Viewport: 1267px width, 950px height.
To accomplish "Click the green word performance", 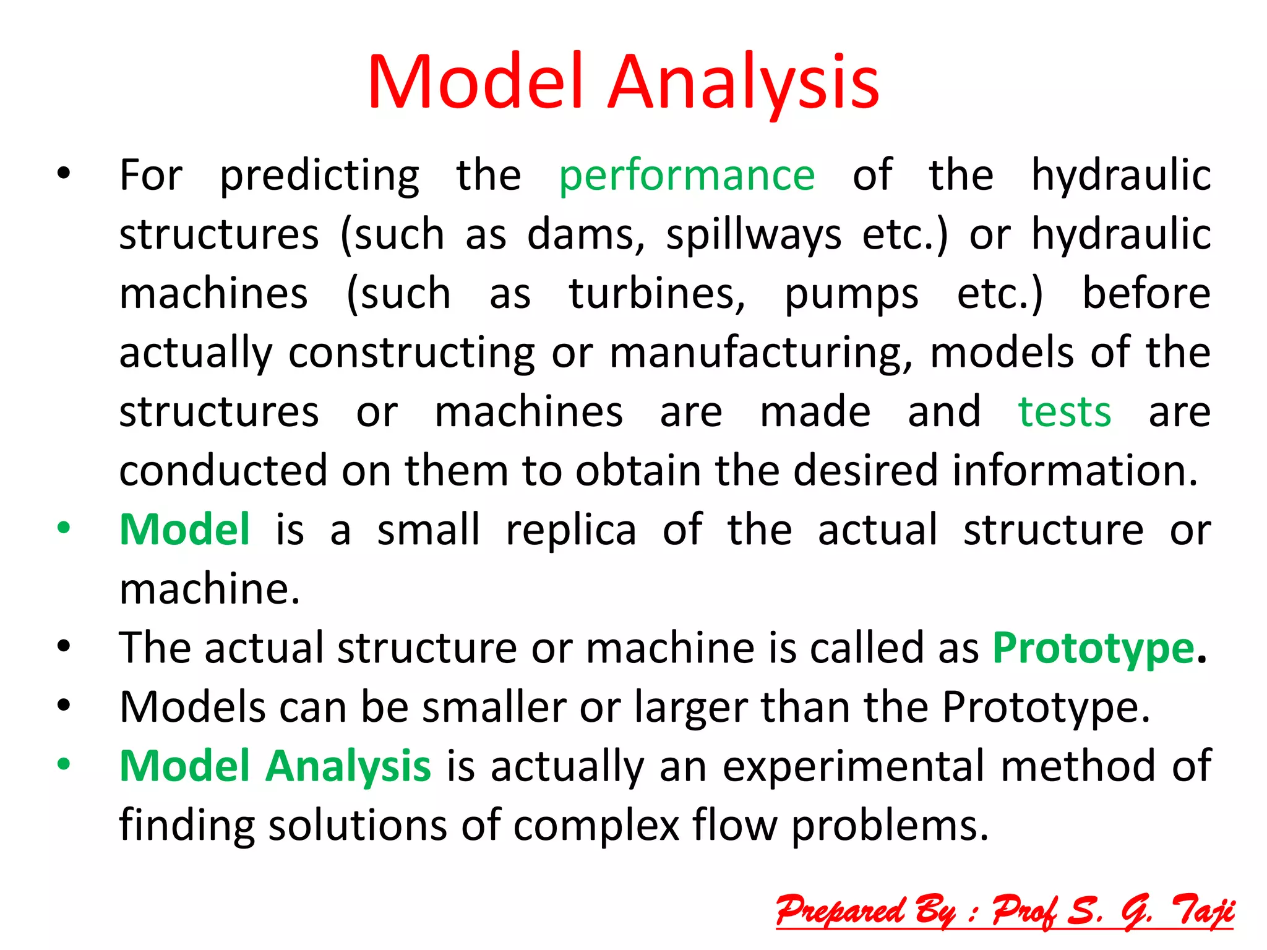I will point(687,176).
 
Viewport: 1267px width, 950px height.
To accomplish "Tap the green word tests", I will point(1064,412).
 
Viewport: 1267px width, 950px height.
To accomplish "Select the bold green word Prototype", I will point(1093,648).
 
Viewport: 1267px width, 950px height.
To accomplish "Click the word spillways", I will point(753,235).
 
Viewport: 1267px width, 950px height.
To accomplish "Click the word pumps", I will point(851,296).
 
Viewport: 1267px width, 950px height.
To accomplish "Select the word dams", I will point(585,235).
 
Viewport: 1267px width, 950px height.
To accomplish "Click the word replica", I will point(571,531).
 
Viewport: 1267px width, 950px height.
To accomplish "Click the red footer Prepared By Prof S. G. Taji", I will point(1005,911).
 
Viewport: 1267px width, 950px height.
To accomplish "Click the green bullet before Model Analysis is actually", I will point(64,764).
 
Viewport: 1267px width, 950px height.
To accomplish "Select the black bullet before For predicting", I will point(64,174).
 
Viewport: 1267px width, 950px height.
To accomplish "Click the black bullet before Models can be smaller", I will point(64,706).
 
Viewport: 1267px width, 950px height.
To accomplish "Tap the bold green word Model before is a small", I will point(184,530).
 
